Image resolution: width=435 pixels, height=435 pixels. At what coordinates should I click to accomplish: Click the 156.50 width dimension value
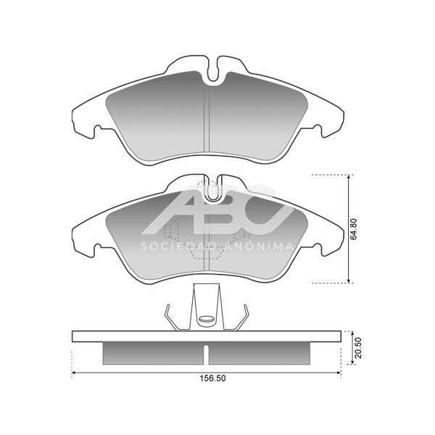[x=212, y=378]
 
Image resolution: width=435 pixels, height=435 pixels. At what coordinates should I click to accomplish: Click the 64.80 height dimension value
[x=353, y=229]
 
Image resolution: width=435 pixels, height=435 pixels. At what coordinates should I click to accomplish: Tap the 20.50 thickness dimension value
[x=358, y=348]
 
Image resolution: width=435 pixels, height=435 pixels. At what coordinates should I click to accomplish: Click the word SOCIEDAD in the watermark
[x=178, y=246]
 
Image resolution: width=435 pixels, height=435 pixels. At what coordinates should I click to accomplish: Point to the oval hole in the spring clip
[x=206, y=319]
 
